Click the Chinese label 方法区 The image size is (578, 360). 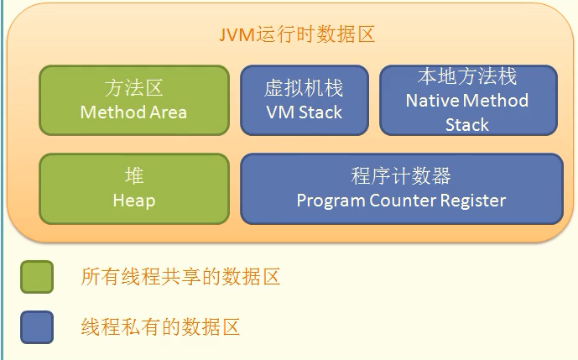tap(133, 87)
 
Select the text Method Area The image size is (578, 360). tap(133, 112)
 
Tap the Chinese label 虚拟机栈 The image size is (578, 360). tap(304, 88)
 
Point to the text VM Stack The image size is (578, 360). tap(304, 112)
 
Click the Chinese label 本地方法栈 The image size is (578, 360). tap(467, 76)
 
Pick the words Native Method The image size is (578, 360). tap(467, 101)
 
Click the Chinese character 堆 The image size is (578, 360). tap(134, 176)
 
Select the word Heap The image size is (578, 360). tap(134, 201)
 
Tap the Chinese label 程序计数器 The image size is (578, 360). tap(401, 176)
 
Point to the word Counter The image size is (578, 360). tap(405, 201)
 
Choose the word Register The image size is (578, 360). tap(474, 201)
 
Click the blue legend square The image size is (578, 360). tap(37, 327)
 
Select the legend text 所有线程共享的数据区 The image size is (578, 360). tap(180, 277)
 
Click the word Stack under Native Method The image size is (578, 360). tap(467, 125)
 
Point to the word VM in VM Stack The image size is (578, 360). tap(278, 112)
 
